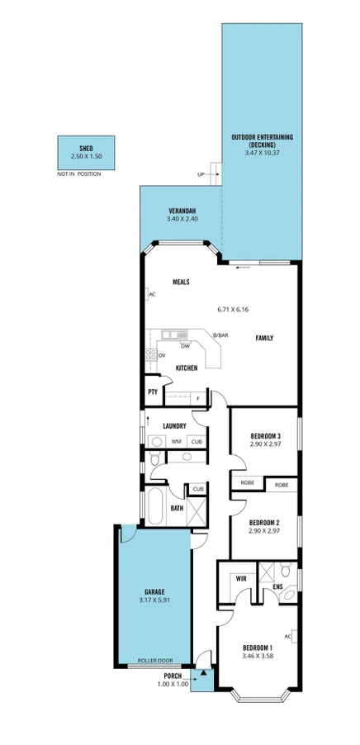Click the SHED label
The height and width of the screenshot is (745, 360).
(x=86, y=148)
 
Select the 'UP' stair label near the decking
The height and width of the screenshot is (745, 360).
(x=201, y=174)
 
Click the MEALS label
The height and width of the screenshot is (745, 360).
(x=181, y=282)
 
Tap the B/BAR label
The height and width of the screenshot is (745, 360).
(x=220, y=335)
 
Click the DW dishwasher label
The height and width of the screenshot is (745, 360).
(x=186, y=346)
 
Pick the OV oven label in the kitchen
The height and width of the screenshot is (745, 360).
(x=162, y=355)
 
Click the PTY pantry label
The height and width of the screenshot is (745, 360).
(x=153, y=392)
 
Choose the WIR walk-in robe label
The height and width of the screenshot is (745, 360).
(x=241, y=579)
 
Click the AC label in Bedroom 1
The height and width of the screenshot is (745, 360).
(x=287, y=636)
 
